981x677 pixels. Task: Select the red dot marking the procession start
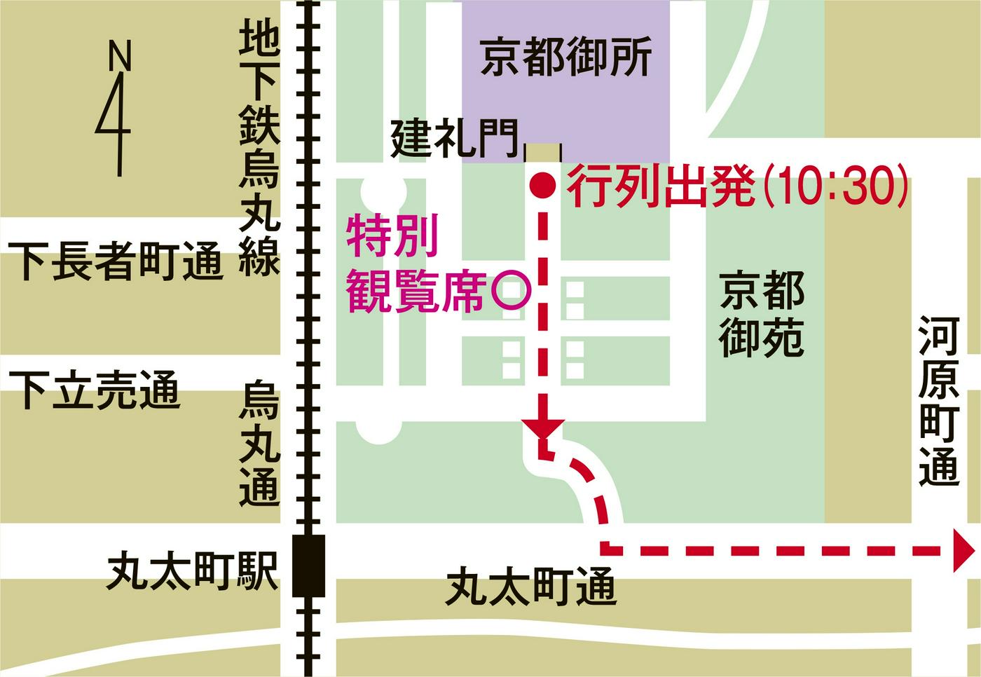pos(542,185)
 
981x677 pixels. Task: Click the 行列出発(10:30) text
pos(738,186)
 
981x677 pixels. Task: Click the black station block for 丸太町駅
pos(308,565)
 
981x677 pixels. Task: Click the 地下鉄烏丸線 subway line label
pos(259,147)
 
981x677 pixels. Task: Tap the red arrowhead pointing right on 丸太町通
pos(963,551)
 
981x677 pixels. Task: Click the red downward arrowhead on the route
pos(542,428)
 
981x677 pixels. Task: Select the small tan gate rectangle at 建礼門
pos(543,152)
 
